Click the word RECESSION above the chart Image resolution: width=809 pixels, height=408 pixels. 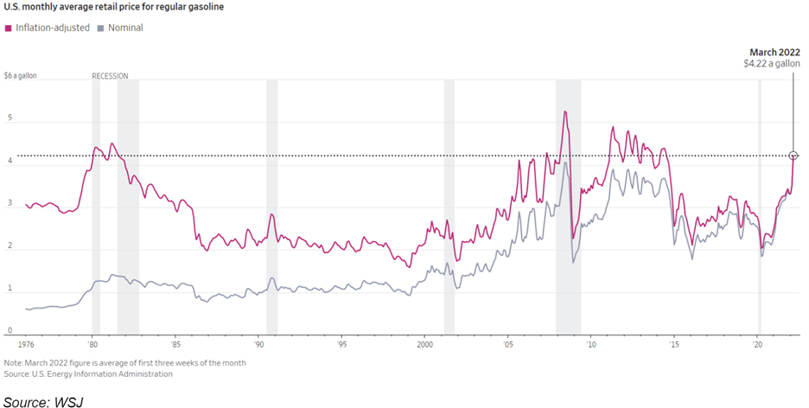pos(110,76)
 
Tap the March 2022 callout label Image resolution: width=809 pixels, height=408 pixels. pos(775,52)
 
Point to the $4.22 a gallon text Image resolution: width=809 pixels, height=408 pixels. pos(771,64)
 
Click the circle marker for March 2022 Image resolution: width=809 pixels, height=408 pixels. pos(793,156)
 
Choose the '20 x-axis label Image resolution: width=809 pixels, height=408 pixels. pos(757,343)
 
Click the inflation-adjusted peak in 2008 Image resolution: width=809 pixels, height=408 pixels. pos(564,112)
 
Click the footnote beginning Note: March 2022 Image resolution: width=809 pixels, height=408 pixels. pos(124,363)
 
